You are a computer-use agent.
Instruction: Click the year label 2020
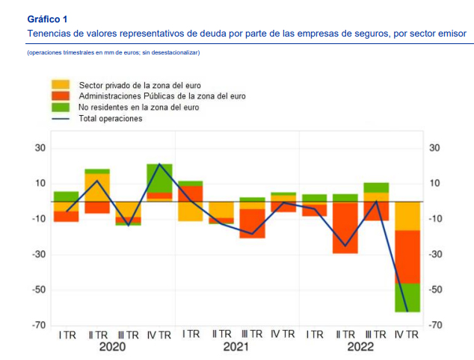click(112, 347)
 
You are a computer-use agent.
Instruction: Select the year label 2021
click(236, 347)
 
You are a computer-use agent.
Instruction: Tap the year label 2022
click(360, 347)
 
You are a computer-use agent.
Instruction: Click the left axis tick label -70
click(38, 326)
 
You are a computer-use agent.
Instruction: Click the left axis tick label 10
click(40, 184)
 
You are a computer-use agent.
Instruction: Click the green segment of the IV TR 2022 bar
click(407, 297)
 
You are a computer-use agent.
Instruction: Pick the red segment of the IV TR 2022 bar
click(407, 256)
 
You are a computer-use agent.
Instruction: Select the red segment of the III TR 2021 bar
click(252, 223)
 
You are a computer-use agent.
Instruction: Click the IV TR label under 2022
click(407, 334)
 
